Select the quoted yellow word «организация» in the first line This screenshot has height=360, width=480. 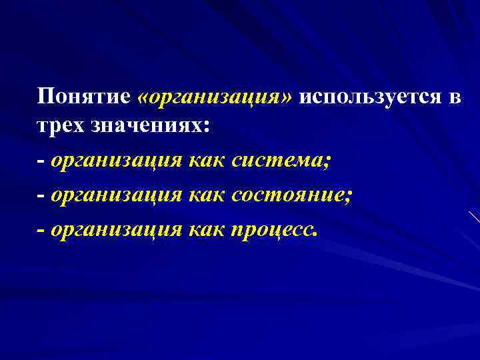(214, 97)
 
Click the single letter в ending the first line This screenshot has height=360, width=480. (455, 97)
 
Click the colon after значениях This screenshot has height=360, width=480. (205, 129)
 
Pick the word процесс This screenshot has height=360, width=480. (274, 231)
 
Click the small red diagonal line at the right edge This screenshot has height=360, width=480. (473, 216)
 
